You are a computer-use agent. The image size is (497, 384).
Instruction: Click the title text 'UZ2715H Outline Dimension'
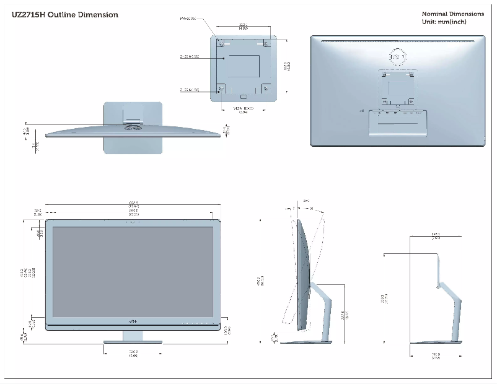(x=65, y=15)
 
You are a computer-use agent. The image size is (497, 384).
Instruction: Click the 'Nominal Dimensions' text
(x=453, y=14)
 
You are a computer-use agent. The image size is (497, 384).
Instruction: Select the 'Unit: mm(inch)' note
(x=444, y=22)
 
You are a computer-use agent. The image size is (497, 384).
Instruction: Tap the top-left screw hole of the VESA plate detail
(x=222, y=43)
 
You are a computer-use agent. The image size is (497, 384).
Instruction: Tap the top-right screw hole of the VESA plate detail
(x=266, y=43)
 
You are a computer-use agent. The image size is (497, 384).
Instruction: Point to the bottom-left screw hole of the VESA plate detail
(x=222, y=87)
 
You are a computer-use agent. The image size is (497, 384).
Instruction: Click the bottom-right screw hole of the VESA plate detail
(x=266, y=87)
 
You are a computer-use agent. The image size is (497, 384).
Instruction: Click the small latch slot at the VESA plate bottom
(x=244, y=97)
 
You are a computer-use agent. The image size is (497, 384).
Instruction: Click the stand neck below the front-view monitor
(x=132, y=334)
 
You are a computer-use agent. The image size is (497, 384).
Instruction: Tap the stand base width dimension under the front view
(x=133, y=352)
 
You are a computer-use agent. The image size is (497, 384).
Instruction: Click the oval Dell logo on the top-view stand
(x=133, y=126)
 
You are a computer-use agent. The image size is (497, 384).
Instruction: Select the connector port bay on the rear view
(x=397, y=113)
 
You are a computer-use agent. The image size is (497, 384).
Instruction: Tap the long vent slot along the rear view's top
(x=397, y=41)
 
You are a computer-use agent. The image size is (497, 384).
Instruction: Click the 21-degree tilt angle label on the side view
(x=311, y=209)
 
